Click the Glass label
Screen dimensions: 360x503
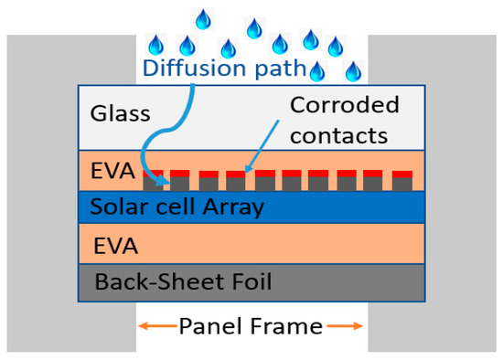[119, 114]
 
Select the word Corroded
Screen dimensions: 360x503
[345, 104]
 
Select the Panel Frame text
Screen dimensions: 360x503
[250, 326]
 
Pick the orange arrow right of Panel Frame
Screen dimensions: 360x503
[345, 326]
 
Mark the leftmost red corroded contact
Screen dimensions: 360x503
[154, 172]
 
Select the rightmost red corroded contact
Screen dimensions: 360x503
[401, 172]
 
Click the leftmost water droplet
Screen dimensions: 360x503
[156, 43]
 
